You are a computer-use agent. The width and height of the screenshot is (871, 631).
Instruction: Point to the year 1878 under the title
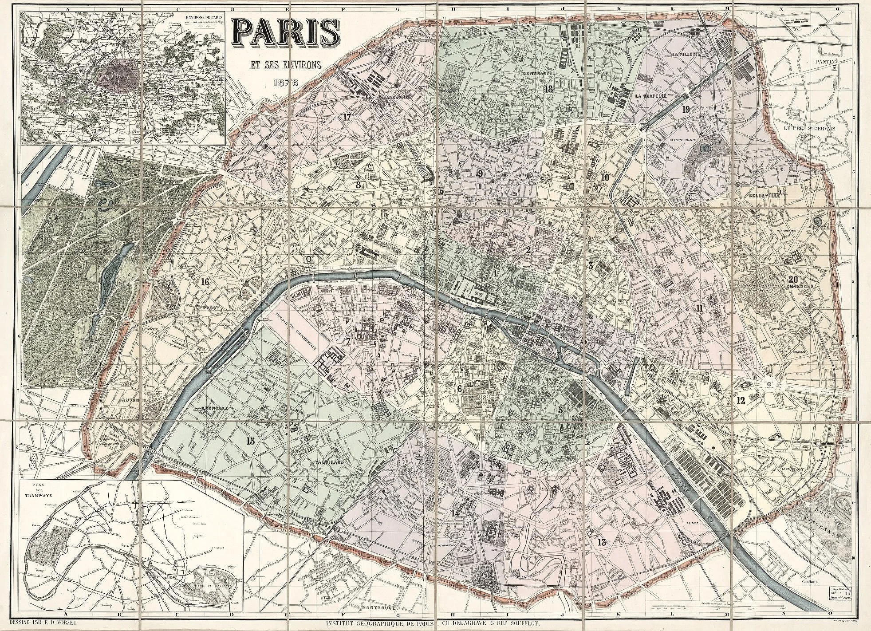[286, 82]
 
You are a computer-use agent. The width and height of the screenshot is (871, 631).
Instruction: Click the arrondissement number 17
[347, 117]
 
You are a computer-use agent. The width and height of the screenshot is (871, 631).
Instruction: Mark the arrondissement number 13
[602, 542]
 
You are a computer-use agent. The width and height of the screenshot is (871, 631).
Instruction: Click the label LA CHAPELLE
[651, 95]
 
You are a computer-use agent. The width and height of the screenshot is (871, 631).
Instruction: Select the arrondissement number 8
[359, 185]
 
